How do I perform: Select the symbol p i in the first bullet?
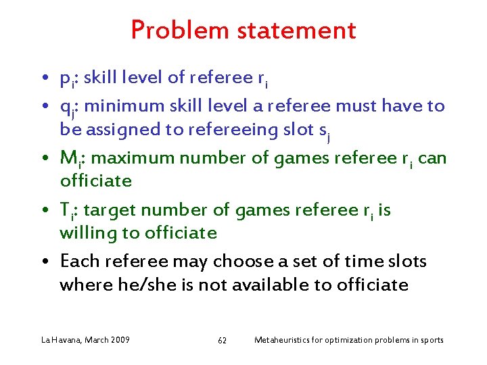pyautogui.click(x=66, y=80)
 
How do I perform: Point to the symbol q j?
pyautogui.click(x=67, y=107)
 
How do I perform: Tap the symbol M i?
pyautogui.click(x=70, y=159)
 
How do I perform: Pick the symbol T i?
pyautogui.click(x=67, y=211)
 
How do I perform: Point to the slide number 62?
pyautogui.click(x=222, y=340)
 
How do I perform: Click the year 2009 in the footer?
pyautogui.click(x=118, y=339)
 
